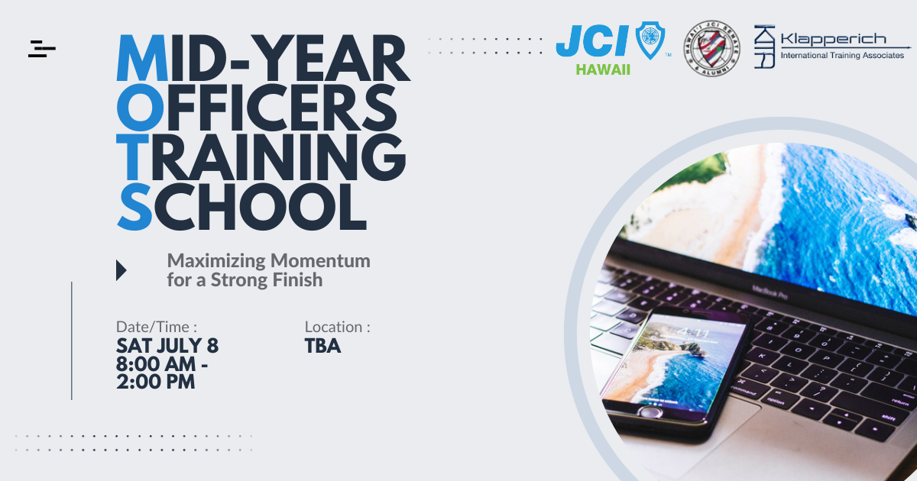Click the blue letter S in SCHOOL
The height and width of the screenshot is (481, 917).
[x=135, y=205]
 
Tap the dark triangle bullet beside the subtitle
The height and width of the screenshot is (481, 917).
[x=121, y=270]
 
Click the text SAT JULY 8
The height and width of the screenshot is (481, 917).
[x=167, y=346]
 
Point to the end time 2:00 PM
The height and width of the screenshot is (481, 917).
[x=156, y=381]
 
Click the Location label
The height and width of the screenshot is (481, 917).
[x=337, y=327]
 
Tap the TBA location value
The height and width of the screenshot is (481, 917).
[x=322, y=346]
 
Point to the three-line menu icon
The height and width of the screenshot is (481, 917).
[x=41, y=48]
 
